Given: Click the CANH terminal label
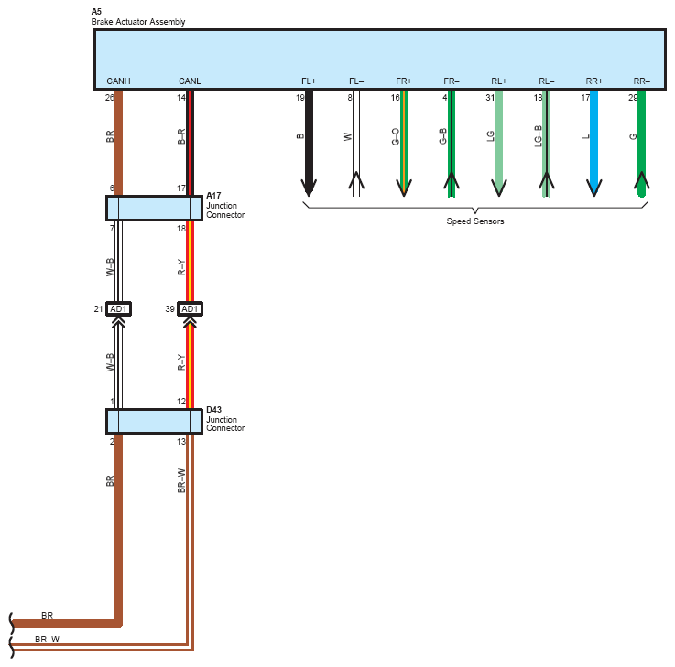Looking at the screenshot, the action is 118,81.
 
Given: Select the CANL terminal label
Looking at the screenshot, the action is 190,81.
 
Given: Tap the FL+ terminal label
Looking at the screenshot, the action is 309,81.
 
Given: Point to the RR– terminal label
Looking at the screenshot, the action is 642,81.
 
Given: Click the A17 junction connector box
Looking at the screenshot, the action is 154,209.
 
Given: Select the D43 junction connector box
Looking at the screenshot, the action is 154,422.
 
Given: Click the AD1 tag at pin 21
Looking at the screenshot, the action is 118,308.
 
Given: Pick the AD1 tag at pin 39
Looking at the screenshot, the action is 190,308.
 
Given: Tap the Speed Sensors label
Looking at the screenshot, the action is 475,221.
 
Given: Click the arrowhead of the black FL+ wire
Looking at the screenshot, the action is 309,188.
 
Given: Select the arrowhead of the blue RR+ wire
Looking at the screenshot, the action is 594,188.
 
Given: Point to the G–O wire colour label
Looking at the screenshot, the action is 396,136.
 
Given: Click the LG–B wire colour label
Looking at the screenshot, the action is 539,136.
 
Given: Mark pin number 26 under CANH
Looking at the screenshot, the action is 110,98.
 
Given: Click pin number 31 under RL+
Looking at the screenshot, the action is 490,98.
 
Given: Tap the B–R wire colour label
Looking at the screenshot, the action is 181,136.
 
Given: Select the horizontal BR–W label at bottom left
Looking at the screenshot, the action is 48,639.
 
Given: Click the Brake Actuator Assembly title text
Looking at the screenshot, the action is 138,22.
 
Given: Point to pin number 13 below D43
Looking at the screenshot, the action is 181,442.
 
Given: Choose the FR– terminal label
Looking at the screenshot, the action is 452,81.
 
